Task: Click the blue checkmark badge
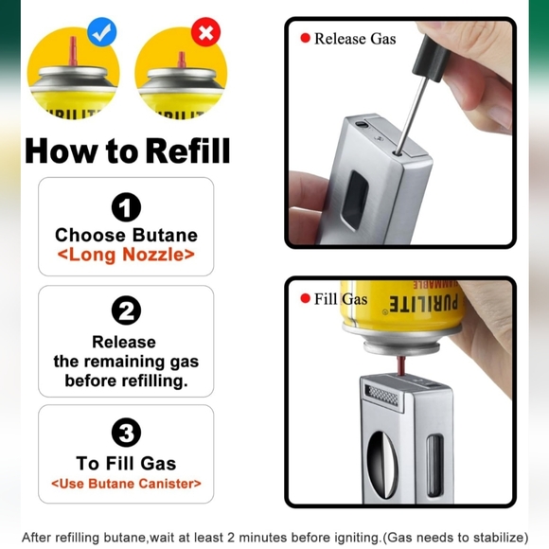coord(101,32)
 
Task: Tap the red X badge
coord(206,32)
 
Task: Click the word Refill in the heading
coord(187,151)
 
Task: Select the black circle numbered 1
coord(126,207)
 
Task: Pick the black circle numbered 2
coord(126,310)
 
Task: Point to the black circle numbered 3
coord(126,433)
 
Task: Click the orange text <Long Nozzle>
coord(126,255)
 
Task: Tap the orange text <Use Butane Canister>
coord(126,484)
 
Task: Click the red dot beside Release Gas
coord(306,38)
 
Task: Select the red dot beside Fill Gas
coord(306,298)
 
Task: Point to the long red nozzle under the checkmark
coord(73,51)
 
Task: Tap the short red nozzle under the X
coord(181,60)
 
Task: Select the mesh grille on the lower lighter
coord(381,396)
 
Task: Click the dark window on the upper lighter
coord(354,200)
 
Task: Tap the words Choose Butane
coord(126,235)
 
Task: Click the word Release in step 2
coord(124,342)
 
